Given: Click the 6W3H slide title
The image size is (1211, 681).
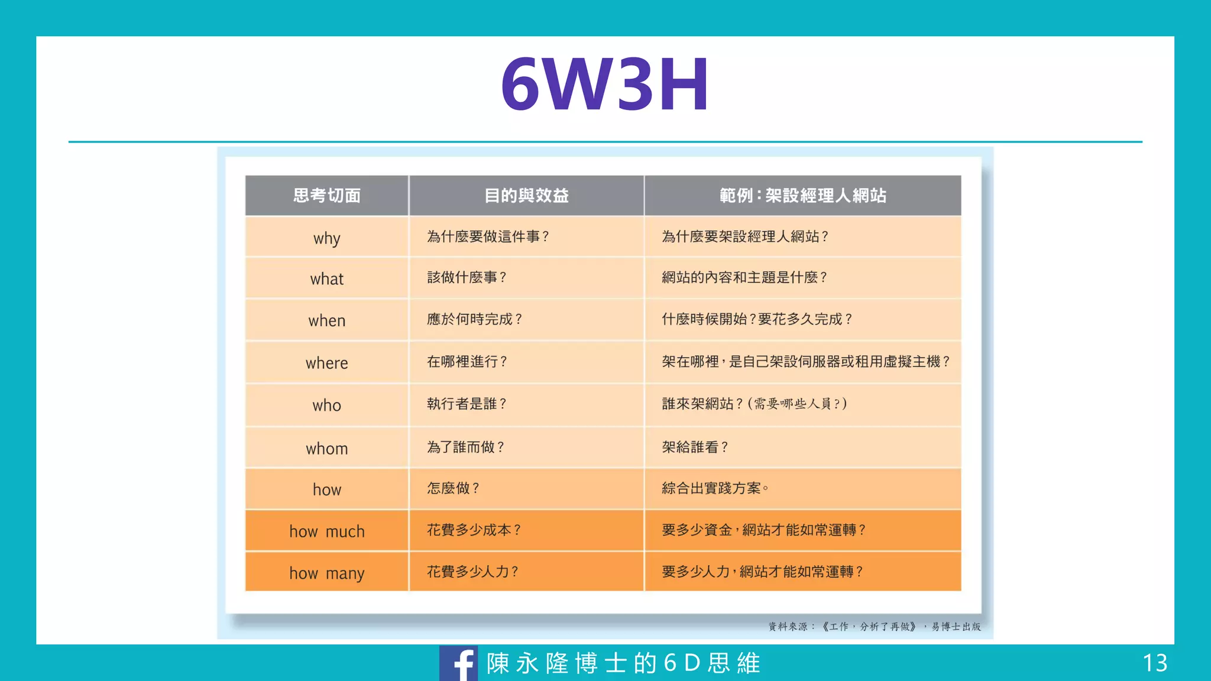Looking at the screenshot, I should pos(604,84).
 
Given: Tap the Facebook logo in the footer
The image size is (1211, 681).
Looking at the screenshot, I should pos(459,663).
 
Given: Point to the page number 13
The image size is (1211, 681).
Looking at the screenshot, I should pos(1155,663).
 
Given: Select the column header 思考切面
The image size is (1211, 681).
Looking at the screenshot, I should pos(327,196).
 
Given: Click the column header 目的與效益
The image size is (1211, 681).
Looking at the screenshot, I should pos(526,196).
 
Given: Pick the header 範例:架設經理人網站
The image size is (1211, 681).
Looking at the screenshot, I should pos(802,196).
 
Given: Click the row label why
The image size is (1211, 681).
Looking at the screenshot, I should pos(327,238).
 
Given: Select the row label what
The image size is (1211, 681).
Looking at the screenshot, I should pos(327,278).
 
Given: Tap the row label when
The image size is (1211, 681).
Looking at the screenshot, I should pos(327,320).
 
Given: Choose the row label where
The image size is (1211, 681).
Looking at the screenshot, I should pos(327,363).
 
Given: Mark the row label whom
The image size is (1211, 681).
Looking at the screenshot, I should pos(327,449).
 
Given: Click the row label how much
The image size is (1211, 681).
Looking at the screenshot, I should pos(327,531).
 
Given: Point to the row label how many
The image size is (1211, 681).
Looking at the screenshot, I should pos(327,573).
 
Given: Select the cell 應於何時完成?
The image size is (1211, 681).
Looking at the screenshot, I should pos(474,319).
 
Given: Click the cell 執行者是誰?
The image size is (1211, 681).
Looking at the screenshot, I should pos(467,404).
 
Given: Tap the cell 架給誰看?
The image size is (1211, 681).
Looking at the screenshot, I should pos(695,447).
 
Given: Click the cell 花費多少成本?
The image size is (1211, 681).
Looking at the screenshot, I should pos(474,530).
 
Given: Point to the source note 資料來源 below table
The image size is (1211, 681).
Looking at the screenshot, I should pos(874,627).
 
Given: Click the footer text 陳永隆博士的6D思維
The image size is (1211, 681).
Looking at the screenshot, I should pos(623,663).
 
